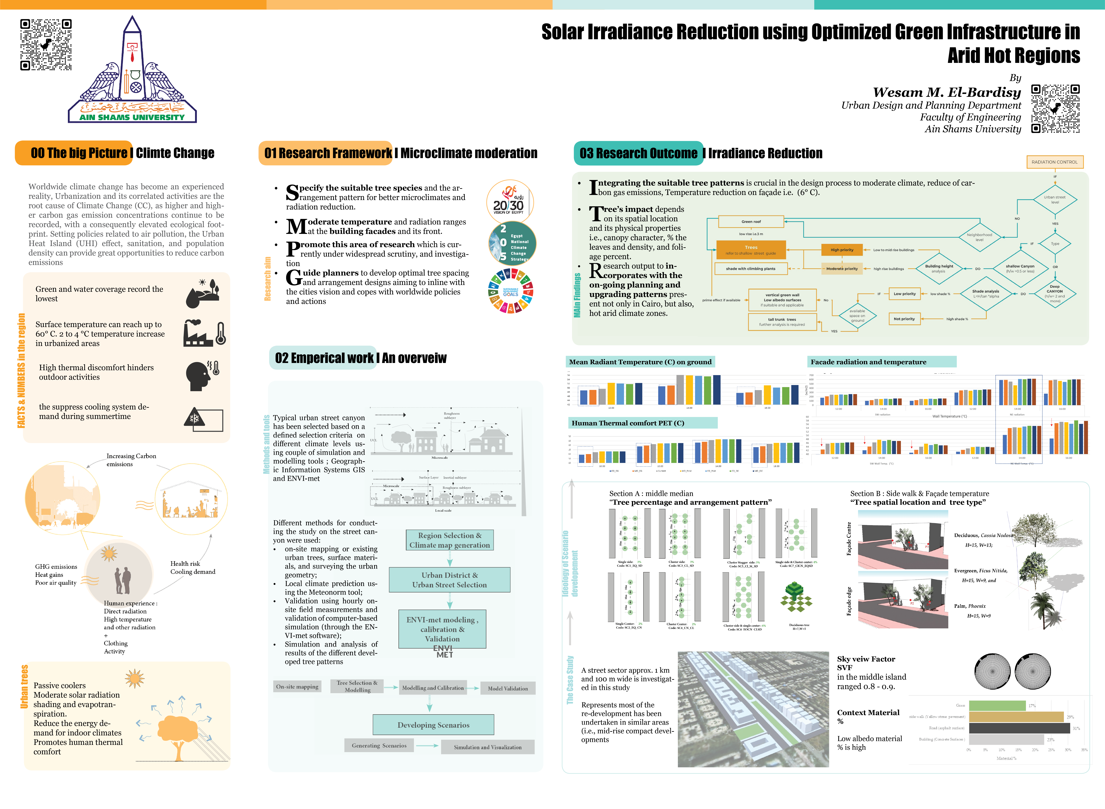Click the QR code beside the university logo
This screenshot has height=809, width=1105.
tap(46, 45)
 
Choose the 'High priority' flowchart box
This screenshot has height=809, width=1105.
tap(842, 250)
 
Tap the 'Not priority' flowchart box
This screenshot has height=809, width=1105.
tap(904, 319)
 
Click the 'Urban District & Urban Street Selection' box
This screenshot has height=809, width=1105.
tap(449, 580)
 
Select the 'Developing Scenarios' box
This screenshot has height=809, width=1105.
tap(433, 725)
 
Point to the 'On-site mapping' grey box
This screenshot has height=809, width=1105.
tap(297, 687)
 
